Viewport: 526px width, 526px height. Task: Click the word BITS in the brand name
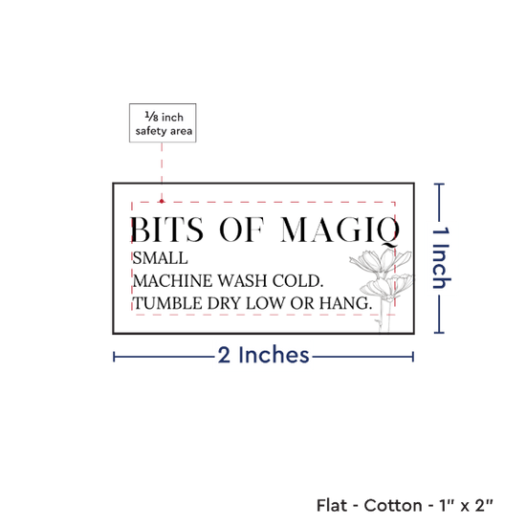[166, 230]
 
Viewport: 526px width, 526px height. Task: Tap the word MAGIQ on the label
[340, 230]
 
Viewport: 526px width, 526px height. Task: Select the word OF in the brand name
[242, 230]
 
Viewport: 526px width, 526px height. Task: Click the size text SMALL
[160, 258]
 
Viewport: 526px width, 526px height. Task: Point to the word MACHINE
[172, 281]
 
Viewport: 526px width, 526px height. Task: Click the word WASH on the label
[243, 281]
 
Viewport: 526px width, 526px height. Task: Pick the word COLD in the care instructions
[297, 281]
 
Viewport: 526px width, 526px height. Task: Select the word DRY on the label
[224, 303]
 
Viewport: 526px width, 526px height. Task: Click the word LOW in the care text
[265, 303]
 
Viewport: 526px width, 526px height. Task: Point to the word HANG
[345, 303]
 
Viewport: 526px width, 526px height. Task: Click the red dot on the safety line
[162, 201]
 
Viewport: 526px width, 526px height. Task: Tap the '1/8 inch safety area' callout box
[163, 122]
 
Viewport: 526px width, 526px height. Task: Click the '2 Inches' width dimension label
[263, 355]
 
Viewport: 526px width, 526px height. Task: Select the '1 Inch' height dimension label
[441, 257]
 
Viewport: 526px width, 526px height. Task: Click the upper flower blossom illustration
[381, 262]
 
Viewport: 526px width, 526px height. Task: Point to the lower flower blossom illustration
[386, 287]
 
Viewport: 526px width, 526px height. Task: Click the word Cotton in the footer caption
[393, 505]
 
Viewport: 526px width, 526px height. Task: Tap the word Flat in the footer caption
[332, 505]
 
